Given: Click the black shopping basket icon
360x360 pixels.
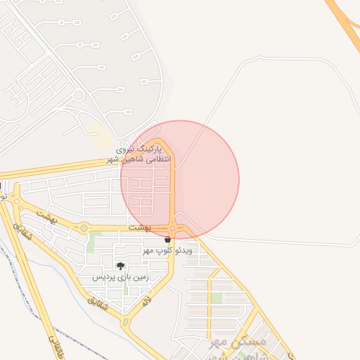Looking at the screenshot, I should pos(167,240).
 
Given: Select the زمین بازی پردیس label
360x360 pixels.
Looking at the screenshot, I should pos(120,278).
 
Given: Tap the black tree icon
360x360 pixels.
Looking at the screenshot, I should pos(121,266).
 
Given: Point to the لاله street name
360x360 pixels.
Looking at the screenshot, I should pos(146,302).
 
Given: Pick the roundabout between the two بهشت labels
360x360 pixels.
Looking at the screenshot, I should pos(84,227).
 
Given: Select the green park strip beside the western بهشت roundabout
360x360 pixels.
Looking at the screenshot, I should pos(90,243).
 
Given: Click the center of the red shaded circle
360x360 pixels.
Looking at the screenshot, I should pos(180,179).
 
